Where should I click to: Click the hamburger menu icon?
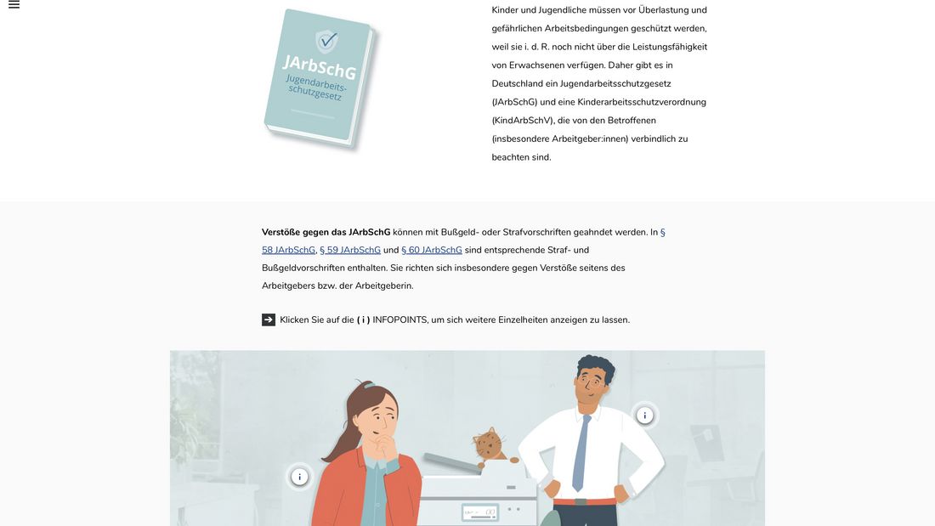tap(14, 5)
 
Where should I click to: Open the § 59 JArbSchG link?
tap(350, 250)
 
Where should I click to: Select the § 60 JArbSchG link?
tap(432, 250)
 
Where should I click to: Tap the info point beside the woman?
tap(299, 477)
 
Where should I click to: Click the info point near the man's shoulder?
tap(644, 415)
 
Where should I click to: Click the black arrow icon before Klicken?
tap(269, 320)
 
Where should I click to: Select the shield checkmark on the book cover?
tap(326, 41)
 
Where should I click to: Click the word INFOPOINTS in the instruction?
tap(399, 320)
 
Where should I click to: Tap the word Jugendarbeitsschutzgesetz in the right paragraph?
tap(615, 83)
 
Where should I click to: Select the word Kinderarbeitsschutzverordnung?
tap(642, 102)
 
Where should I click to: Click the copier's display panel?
tap(480, 512)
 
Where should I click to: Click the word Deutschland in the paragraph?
tap(517, 83)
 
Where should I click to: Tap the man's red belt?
tap(585, 501)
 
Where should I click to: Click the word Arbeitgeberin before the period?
tap(383, 286)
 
